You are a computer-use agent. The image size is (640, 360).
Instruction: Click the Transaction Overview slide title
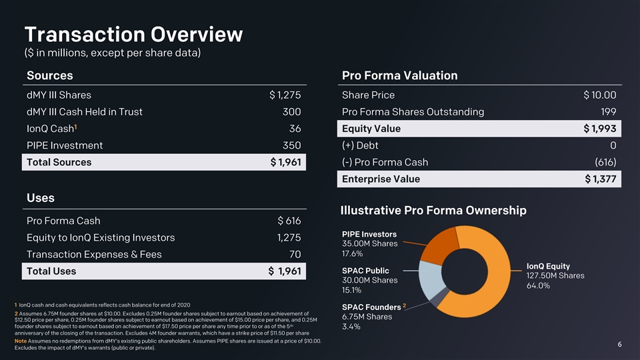133,34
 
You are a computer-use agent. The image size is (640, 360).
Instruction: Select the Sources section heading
49,75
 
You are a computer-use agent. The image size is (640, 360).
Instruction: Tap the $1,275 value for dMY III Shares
285,95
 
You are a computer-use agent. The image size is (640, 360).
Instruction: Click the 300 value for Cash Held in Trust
291,112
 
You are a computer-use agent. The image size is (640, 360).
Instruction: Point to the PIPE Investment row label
64,145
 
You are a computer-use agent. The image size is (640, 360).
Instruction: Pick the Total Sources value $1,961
285,162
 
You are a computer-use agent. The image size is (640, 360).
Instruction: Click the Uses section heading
41,198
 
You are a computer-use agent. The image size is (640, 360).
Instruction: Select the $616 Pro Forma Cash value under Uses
289,221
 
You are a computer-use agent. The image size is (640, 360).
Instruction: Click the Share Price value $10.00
599,95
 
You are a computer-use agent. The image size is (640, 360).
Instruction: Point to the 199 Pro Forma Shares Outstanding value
607,112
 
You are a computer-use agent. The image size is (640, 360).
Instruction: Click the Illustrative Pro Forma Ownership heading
433,211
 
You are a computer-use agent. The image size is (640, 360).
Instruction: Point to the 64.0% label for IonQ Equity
538,286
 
